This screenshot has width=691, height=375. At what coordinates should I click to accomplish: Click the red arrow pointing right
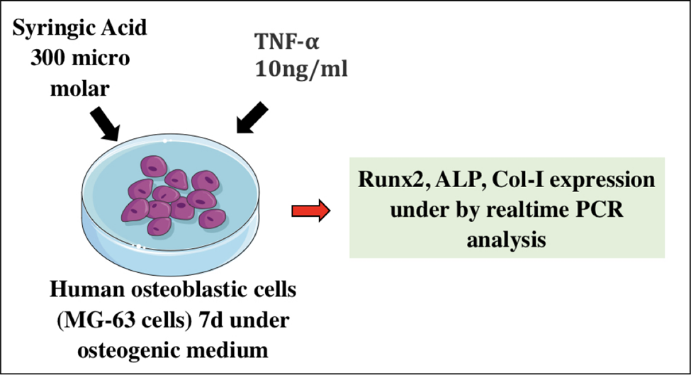point(310,211)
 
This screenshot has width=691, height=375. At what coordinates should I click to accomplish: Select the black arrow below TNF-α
point(252,117)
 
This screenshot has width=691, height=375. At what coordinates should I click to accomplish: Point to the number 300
point(47,58)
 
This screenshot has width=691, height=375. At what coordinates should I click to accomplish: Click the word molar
point(80,89)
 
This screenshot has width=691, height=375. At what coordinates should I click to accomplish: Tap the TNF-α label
point(286,42)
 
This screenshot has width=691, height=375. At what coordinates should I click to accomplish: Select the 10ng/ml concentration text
point(301,69)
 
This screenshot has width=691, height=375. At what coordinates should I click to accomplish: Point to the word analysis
point(506,240)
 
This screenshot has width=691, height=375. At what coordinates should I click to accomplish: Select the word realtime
point(530,209)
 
